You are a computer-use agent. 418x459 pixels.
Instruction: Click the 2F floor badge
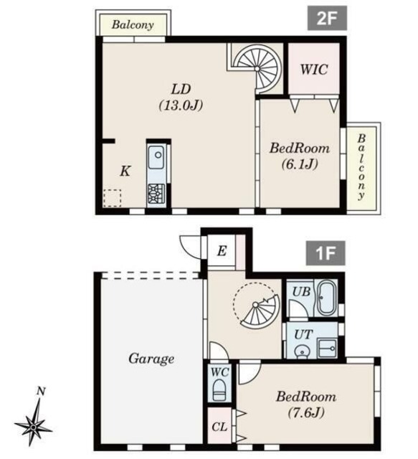(327, 18)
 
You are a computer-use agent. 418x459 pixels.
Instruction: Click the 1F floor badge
(326, 253)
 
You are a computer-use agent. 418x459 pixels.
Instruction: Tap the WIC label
(314, 70)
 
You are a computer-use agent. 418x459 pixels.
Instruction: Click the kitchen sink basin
(156, 157)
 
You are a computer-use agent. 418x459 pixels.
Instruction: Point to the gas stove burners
(156, 194)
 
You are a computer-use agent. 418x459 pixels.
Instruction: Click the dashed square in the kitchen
(112, 198)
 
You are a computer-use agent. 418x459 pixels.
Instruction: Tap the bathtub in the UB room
(327, 298)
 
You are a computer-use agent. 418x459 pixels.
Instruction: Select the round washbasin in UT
(301, 352)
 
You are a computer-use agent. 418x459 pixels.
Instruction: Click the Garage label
(151, 359)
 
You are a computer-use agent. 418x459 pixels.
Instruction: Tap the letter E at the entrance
(222, 251)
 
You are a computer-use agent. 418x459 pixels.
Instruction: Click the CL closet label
(219, 427)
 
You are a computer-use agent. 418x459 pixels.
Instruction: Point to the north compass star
(34, 427)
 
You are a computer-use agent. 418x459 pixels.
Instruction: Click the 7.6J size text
(306, 413)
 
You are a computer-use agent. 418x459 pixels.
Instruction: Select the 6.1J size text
(300, 164)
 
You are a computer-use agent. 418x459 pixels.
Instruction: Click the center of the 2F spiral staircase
(257, 69)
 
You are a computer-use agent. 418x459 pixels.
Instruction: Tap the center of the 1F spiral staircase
(255, 306)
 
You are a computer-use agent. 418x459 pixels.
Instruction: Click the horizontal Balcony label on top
(133, 24)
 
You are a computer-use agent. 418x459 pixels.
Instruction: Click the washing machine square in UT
(327, 349)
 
